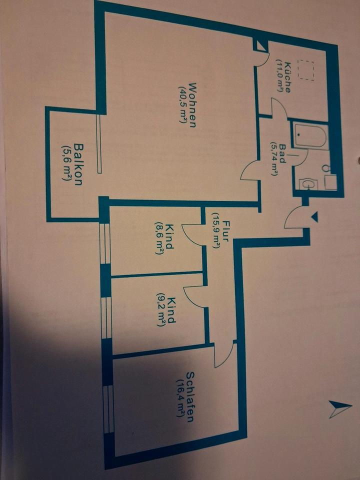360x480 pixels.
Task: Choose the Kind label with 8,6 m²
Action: click(x=169, y=238)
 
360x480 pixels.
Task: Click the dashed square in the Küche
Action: click(x=305, y=70)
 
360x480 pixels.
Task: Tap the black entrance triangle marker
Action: click(x=314, y=216)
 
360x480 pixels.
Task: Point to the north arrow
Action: click(x=339, y=409)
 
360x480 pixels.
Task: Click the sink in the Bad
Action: click(x=307, y=184)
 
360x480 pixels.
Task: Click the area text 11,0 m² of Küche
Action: click(x=279, y=76)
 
